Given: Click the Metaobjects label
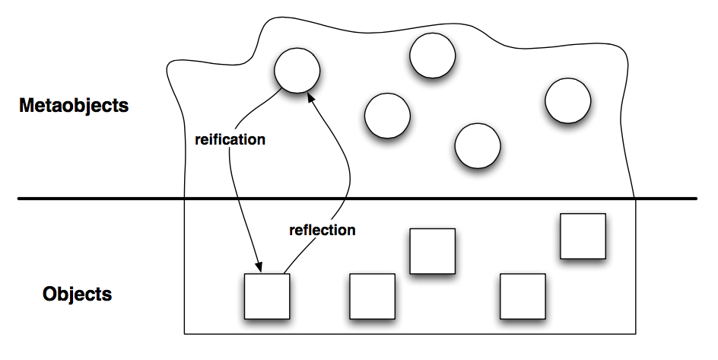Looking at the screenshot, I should [x=74, y=106].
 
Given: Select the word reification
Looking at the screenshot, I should [x=230, y=140].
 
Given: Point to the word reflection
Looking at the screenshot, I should [x=322, y=230].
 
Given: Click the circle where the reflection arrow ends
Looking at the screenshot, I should [x=297, y=70].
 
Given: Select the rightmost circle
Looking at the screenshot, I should [x=567, y=100].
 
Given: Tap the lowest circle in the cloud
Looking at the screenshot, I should [x=478, y=145].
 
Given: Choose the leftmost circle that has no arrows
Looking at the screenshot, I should [x=387, y=116].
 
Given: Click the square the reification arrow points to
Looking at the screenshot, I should [x=266, y=296].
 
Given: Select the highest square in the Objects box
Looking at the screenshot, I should [x=583, y=236].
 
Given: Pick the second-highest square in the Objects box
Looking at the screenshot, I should [x=432, y=250].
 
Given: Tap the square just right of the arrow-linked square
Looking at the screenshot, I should [x=372, y=296].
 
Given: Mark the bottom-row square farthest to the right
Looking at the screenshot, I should [x=523, y=296].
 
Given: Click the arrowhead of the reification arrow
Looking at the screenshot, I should [x=259, y=268].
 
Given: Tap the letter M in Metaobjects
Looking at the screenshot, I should [x=27, y=106].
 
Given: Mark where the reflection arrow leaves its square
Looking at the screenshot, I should [x=283, y=272].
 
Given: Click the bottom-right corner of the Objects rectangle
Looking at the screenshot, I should [x=635, y=333].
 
